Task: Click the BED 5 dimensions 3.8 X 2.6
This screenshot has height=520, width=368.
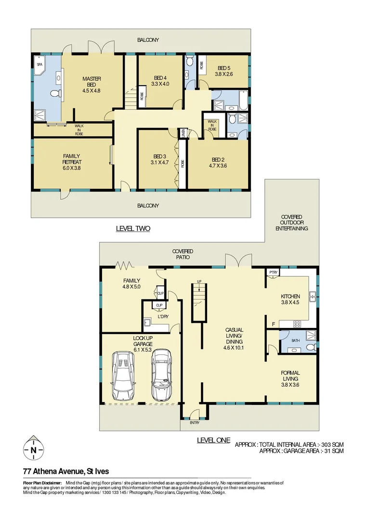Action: tap(225, 74)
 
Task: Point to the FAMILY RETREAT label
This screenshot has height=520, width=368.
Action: tap(72, 159)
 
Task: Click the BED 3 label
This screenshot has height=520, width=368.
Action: tap(159, 159)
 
